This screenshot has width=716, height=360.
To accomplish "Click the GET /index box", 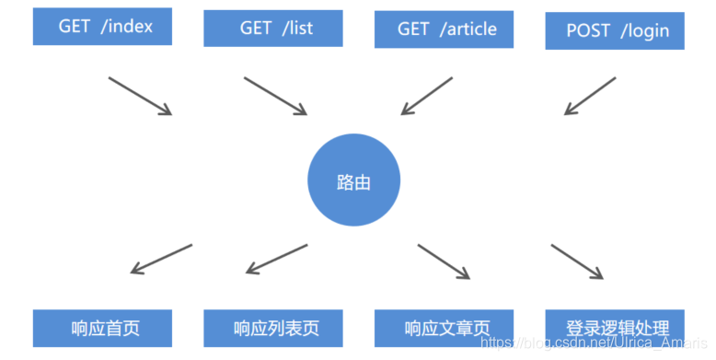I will point(104,27).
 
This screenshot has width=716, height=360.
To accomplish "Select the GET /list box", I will point(273,29).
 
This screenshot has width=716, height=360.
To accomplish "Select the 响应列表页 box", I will point(273,328).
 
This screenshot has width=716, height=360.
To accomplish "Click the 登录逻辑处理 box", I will point(614,328).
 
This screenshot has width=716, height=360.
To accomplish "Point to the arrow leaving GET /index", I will point(140,96).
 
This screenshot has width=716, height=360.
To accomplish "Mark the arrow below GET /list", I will point(275,96).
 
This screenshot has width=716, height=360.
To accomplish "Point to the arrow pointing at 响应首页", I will point(161,259).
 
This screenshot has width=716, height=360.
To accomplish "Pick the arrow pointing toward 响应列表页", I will point(277,259).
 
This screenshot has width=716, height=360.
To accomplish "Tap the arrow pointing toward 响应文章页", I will point(444,261).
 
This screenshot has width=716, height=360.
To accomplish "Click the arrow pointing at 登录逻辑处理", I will point(577,261).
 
